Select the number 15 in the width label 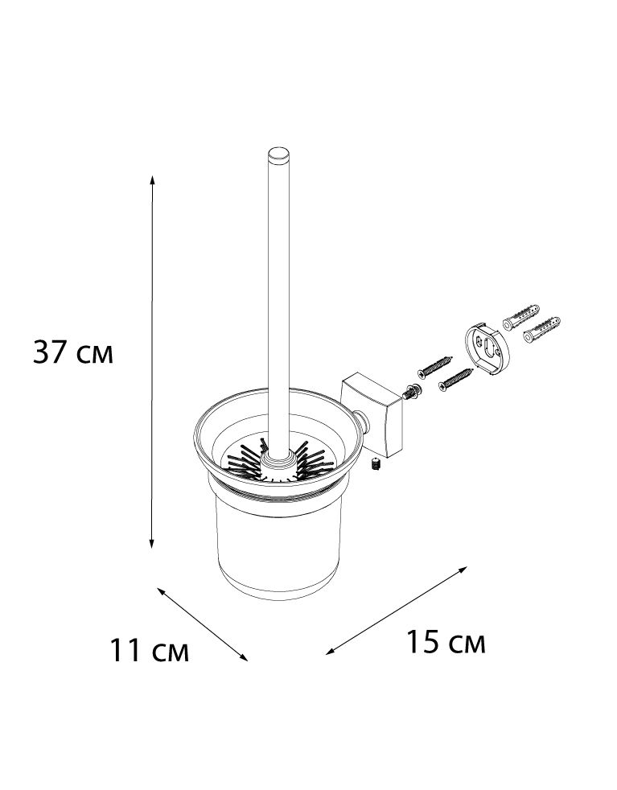pos(424,641)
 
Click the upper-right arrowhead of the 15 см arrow pos(463,570)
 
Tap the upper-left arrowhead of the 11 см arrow pos(162,591)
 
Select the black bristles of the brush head pos(277,460)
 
